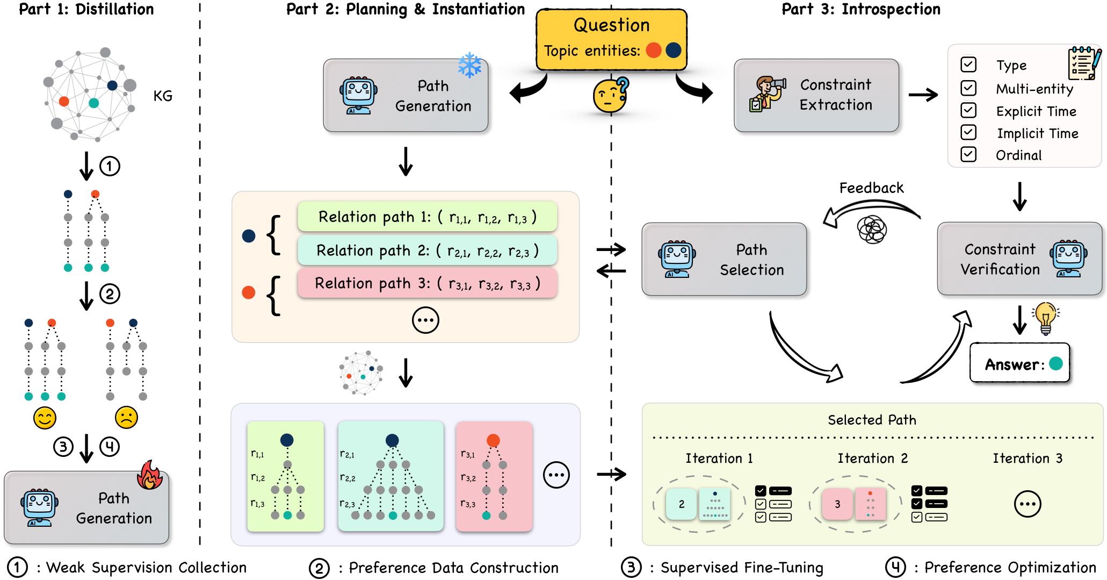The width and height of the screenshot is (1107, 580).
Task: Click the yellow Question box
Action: pyautogui.click(x=611, y=39)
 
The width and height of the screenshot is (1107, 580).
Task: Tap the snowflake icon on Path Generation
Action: pyautogui.click(x=469, y=65)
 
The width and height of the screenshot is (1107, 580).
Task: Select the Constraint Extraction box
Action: pyautogui.click(x=816, y=95)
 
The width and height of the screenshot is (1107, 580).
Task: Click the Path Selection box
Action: pyautogui.click(x=723, y=259)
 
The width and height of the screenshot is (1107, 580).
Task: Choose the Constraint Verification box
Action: pyautogui.click(x=1019, y=259)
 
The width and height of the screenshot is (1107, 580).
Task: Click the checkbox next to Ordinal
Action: pyautogui.click(x=968, y=155)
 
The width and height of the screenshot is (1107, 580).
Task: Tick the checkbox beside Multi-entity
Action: pyautogui.click(x=968, y=88)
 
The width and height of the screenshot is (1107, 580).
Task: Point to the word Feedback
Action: pyautogui.click(x=871, y=188)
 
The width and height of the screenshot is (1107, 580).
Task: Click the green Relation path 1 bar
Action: pyautogui.click(x=427, y=217)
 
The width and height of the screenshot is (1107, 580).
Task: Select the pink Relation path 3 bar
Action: pyautogui.click(x=427, y=283)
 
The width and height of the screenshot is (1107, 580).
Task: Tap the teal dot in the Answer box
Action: pyautogui.click(x=1055, y=364)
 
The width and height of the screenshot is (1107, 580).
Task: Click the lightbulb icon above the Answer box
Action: pyautogui.click(x=1045, y=318)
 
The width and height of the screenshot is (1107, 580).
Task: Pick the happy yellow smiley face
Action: pyautogui.click(x=45, y=418)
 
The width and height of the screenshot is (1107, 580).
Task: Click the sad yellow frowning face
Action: pyautogui.click(x=126, y=418)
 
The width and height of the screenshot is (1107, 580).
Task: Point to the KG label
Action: pyautogui.click(x=163, y=96)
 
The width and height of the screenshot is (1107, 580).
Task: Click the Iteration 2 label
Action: pyautogui.click(x=872, y=459)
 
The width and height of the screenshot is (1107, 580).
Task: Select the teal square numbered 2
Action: pyautogui.click(x=681, y=504)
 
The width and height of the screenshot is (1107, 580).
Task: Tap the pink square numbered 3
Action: pyautogui.click(x=837, y=504)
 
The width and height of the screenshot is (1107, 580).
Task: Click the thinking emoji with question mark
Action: pyautogui.click(x=610, y=95)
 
